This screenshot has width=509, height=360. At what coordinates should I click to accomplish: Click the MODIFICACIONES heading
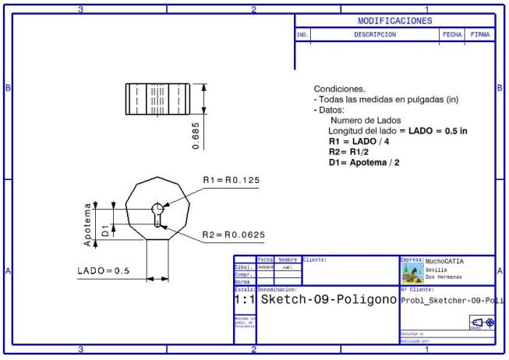pyautogui.click(x=394, y=21)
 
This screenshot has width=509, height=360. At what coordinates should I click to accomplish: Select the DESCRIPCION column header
pyautogui.click(x=375, y=35)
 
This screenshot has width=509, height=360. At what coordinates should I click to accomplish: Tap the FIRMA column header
pyautogui.click(x=480, y=35)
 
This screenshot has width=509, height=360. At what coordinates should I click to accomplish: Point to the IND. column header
pyautogui.click(x=302, y=35)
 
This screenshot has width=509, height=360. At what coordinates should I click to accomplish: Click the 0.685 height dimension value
pyautogui.click(x=195, y=135)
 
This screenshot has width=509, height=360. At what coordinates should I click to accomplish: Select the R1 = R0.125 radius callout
pyautogui.click(x=232, y=180)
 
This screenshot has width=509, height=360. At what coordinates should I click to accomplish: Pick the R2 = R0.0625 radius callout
pyautogui.click(x=234, y=235)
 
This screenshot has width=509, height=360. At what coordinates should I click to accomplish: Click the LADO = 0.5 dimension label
pyautogui.click(x=103, y=271)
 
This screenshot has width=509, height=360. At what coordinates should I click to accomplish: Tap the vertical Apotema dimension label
pyautogui.click(x=88, y=224)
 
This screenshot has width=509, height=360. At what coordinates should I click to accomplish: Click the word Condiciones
pyautogui.click(x=339, y=89)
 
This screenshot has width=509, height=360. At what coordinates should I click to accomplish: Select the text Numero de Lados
pyautogui.click(x=366, y=121)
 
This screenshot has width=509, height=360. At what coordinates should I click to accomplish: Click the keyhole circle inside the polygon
pyautogui.click(x=157, y=208)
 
